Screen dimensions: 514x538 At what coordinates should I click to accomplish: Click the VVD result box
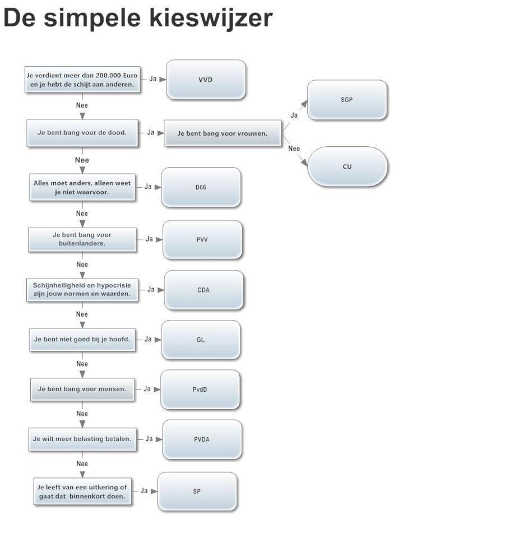pyautogui.click(x=206, y=80)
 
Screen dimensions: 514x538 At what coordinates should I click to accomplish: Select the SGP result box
pyautogui.click(x=347, y=100)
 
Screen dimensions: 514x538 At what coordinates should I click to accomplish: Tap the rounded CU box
pyautogui.click(x=347, y=167)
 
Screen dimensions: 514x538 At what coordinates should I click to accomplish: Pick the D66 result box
pyautogui.click(x=201, y=187)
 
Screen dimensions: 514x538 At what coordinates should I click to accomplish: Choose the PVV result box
pyautogui.click(x=202, y=239)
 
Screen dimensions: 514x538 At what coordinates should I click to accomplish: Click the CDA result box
pyautogui.click(x=204, y=290)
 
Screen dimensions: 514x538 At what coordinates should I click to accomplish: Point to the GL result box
pyautogui.click(x=201, y=340)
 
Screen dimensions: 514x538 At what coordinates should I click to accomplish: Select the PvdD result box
pyautogui.click(x=200, y=389)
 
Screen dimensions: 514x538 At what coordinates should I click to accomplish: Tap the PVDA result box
pyautogui.click(x=202, y=439)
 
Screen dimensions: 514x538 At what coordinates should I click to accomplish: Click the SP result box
pyautogui.click(x=197, y=491)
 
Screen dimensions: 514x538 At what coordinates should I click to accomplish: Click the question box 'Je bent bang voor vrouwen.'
pyautogui.click(x=223, y=133)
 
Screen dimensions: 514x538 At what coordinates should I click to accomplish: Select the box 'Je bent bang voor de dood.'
pyautogui.click(x=82, y=133)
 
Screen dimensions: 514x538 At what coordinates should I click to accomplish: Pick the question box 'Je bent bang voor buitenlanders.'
pyautogui.click(x=82, y=239)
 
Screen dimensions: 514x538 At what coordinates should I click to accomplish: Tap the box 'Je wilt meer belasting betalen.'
pyautogui.click(x=82, y=439)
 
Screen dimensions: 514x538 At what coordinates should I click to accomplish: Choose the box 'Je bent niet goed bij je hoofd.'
pyautogui.click(x=82, y=340)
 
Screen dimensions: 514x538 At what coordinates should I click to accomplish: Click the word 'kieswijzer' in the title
pyautogui.click(x=211, y=18)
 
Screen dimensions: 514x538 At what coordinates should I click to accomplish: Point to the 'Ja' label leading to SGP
pyautogui.click(x=294, y=115)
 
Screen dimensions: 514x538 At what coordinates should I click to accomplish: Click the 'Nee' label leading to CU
pyautogui.click(x=294, y=149)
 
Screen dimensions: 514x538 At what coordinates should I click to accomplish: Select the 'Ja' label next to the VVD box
pyautogui.click(x=152, y=79)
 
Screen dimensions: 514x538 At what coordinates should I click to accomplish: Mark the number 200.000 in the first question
pyautogui.click(x=106, y=75)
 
